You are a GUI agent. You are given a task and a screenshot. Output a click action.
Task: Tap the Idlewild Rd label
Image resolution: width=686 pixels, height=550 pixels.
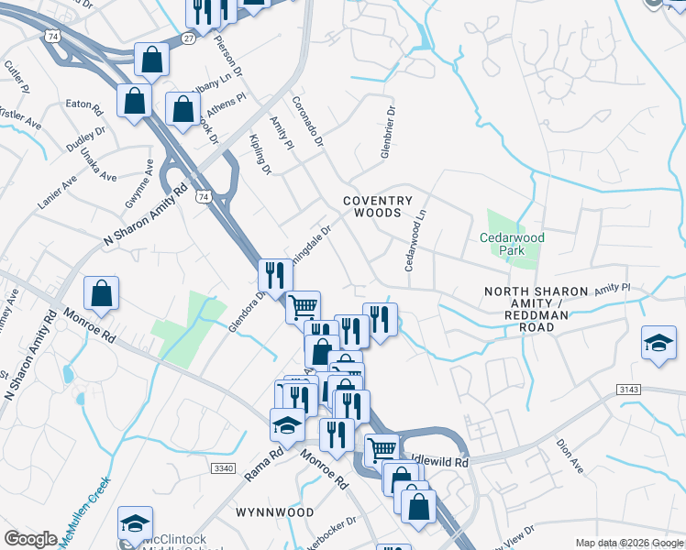coord(440,463)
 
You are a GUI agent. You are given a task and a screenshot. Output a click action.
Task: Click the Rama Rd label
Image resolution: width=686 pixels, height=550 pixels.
coord(264,465)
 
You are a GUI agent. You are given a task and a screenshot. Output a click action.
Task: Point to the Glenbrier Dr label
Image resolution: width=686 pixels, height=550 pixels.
coord(389,133)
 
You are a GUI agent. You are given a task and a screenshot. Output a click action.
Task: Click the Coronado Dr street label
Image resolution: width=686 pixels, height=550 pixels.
coord(307,121)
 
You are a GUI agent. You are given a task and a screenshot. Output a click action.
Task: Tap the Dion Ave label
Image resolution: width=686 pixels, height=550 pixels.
coord(570,456)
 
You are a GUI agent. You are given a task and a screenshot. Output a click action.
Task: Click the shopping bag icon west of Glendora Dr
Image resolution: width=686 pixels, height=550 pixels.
coord(102,293)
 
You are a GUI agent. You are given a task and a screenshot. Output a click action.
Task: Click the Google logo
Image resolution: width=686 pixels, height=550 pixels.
coord(30,539)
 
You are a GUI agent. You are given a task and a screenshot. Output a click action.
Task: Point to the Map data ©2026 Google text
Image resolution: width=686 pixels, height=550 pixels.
coord(628,543)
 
